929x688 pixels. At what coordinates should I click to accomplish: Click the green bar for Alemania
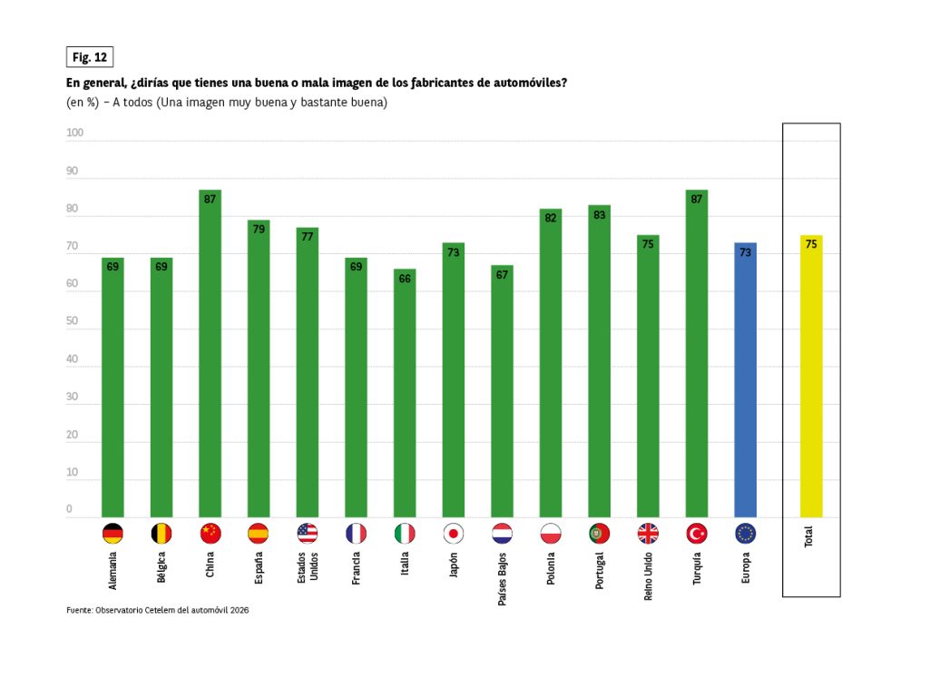click(112, 388)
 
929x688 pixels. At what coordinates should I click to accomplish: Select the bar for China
click(210, 354)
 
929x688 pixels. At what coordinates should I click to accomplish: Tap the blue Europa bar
click(746, 380)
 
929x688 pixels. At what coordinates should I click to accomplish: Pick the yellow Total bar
click(811, 377)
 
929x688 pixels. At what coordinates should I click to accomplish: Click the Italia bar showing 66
click(405, 393)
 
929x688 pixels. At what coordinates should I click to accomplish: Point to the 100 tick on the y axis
click(74, 133)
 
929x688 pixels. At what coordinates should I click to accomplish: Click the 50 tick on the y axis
click(73, 322)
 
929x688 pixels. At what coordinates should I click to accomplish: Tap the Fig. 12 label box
click(89, 57)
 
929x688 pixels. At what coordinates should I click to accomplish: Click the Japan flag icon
click(454, 534)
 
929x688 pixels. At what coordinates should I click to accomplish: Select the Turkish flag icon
click(697, 534)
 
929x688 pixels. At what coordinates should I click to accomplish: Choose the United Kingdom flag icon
click(648, 534)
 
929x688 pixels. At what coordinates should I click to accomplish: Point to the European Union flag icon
click(746, 534)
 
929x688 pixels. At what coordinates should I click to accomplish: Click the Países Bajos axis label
click(503, 577)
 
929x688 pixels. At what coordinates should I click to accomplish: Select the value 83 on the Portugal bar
click(599, 214)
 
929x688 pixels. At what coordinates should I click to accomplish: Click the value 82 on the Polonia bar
click(551, 218)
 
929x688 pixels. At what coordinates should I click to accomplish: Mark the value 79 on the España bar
click(259, 229)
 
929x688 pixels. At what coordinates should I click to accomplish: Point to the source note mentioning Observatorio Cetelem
click(158, 610)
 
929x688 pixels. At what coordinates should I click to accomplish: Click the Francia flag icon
click(357, 534)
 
